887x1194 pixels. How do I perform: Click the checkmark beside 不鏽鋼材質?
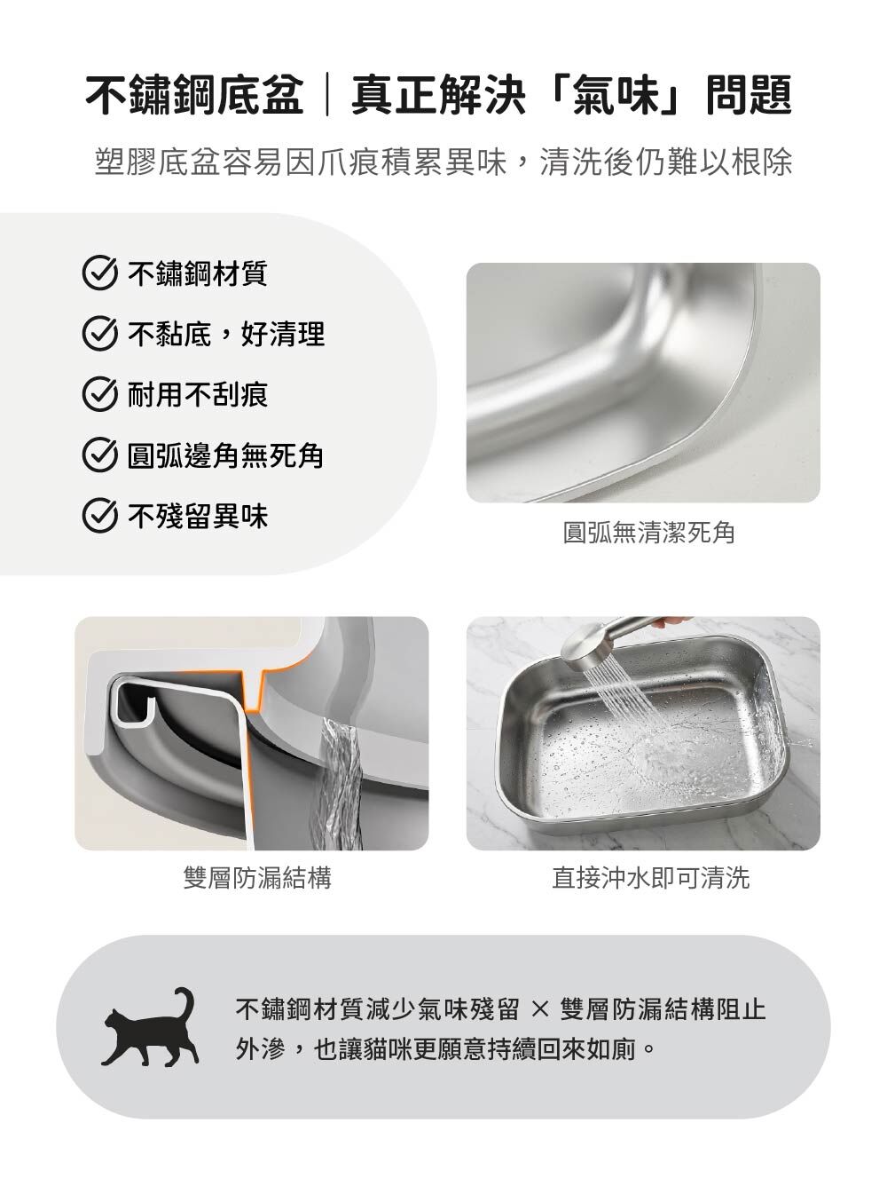(x=99, y=273)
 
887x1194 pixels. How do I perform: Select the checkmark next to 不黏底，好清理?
(x=99, y=334)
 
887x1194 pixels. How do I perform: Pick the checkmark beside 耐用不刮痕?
(x=99, y=394)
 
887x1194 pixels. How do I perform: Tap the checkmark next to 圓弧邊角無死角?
(x=99, y=455)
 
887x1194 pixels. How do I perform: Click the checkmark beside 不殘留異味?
(x=99, y=515)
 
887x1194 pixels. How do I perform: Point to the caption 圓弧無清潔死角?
(x=648, y=533)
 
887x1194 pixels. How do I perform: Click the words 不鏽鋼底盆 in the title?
(x=195, y=95)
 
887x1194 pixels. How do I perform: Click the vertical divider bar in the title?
(x=327, y=95)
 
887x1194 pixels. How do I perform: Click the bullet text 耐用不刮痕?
(x=198, y=394)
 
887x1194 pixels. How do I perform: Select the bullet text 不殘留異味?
(x=198, y=515)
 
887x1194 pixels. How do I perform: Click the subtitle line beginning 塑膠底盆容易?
(x=443, y=161)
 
